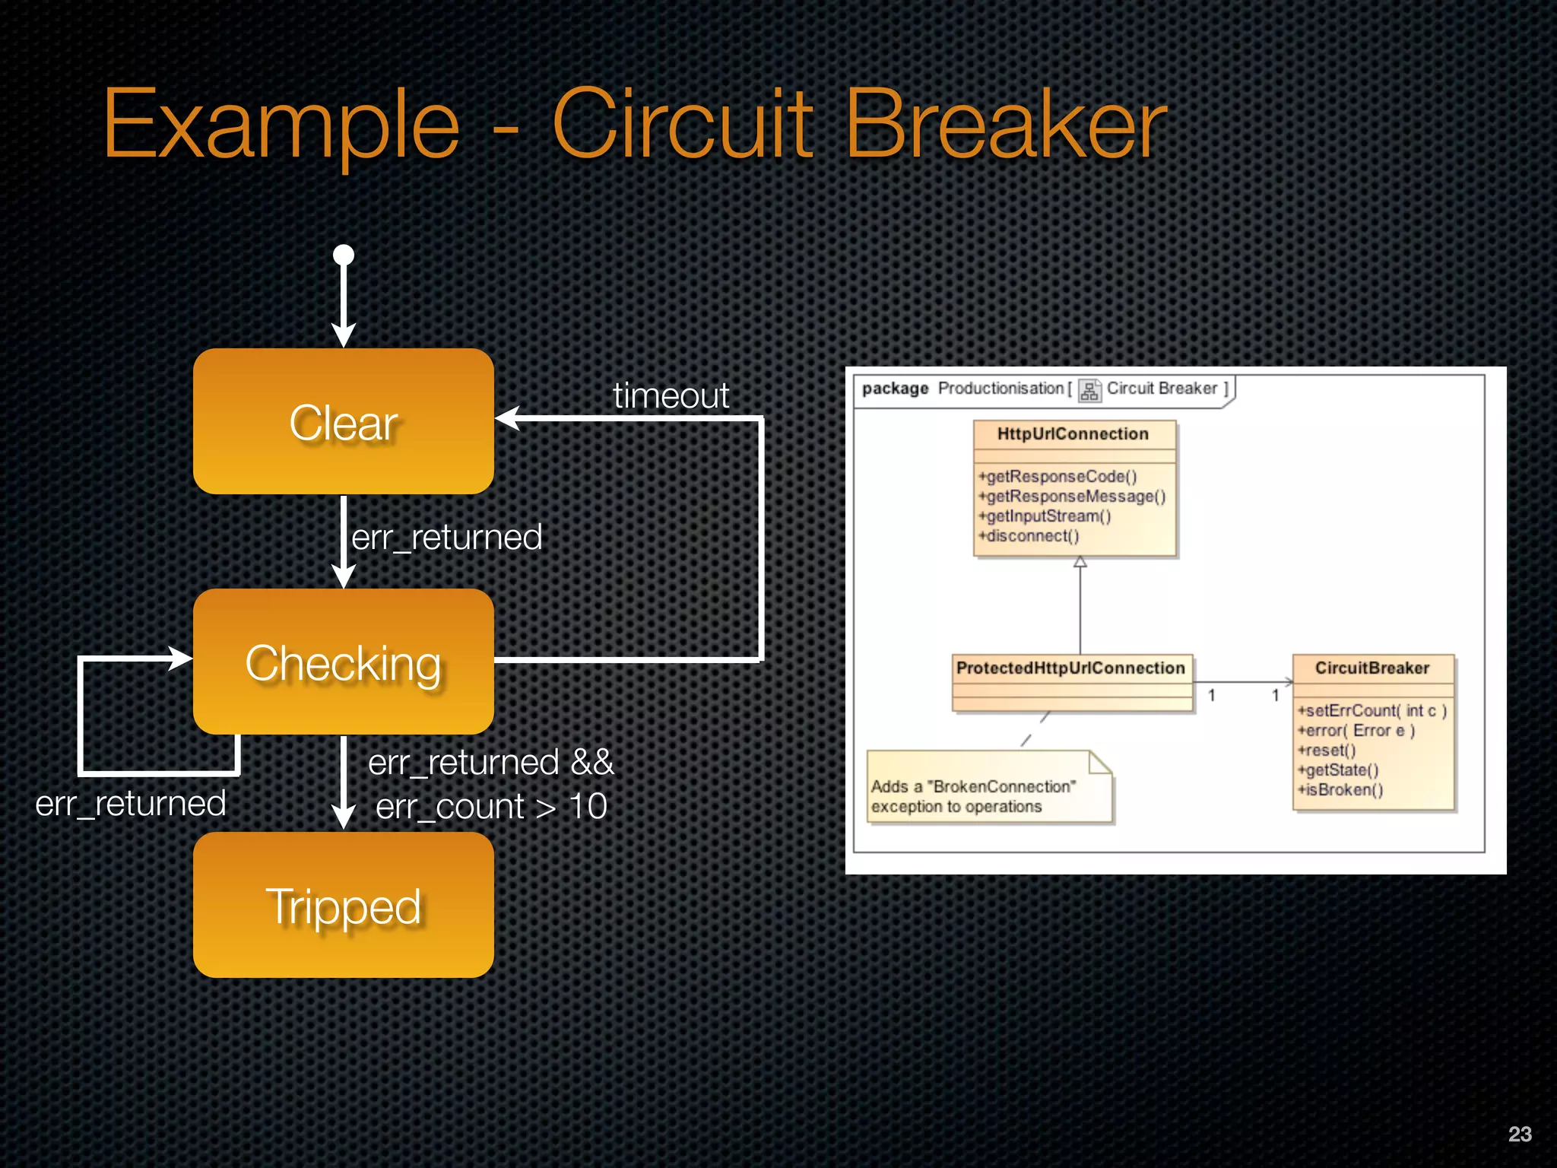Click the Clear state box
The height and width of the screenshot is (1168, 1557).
pos(343,422)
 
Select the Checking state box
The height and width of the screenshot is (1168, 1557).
pos(343,662)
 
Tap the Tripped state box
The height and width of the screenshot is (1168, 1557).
pos(343,905)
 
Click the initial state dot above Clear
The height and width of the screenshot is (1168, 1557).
pos(344,255)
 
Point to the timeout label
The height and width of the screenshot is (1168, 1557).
pos(671,395)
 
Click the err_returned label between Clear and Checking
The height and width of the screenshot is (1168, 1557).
pos(447,538)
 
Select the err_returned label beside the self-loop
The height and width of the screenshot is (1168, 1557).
pos(131,804)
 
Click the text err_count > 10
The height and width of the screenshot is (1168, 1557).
pos(491,807)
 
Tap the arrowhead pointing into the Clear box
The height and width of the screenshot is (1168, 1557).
pos(508,418)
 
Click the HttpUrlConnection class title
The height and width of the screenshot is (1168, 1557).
pos(1073,434)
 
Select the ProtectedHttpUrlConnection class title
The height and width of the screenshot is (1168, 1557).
pos(1070,668)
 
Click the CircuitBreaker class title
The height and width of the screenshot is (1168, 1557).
pos(1372,668)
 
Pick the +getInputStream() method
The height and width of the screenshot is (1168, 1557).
pos(1045,516)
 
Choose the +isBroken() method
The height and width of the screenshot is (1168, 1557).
pos(1340,790)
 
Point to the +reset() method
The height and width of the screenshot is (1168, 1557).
pos(1327,751)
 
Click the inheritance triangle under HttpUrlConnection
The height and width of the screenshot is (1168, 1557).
pos(1080,563)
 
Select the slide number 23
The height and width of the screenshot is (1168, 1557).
pos(1520,1134)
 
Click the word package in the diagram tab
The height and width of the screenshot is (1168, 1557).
pos(895,389)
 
